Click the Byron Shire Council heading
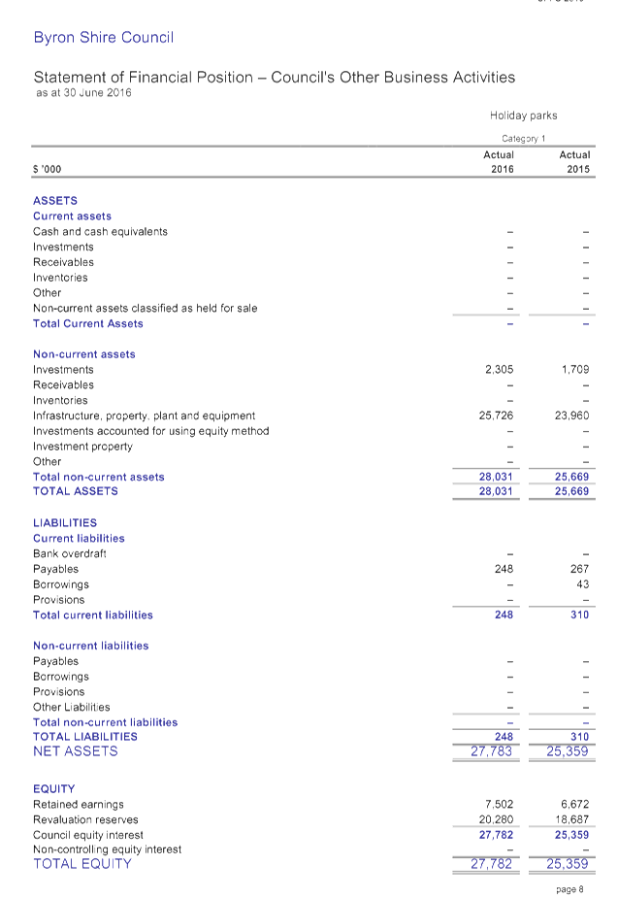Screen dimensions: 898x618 click(104, 38)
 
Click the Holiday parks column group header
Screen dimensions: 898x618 click(523, 116)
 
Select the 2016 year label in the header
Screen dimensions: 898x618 click(502, 169)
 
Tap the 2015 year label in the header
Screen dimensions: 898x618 click(577, 169)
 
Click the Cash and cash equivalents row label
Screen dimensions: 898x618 click(101, 232)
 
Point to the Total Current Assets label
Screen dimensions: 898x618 click(88, 323)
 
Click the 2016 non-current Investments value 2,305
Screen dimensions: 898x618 click(499, 370)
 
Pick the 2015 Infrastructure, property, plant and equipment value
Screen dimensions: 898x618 click(572, 416)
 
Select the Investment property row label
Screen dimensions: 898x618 click(83, 447)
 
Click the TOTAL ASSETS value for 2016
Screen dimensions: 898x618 click(496, 491)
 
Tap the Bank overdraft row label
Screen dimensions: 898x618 click(70, 553)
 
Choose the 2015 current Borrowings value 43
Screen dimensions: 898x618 click(582, 584)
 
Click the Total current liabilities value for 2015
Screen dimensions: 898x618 click(579, 615)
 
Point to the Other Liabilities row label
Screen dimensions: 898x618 click(72, 707)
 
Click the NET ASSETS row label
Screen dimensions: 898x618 click(76, 751)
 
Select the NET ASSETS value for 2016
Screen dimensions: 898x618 click(492, 751)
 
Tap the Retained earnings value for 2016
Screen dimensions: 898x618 click(499, 805)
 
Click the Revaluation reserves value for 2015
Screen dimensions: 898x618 click(572, 819)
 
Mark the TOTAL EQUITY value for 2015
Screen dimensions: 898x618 click(569, 864)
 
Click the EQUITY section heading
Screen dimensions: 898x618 click(54, 789)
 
